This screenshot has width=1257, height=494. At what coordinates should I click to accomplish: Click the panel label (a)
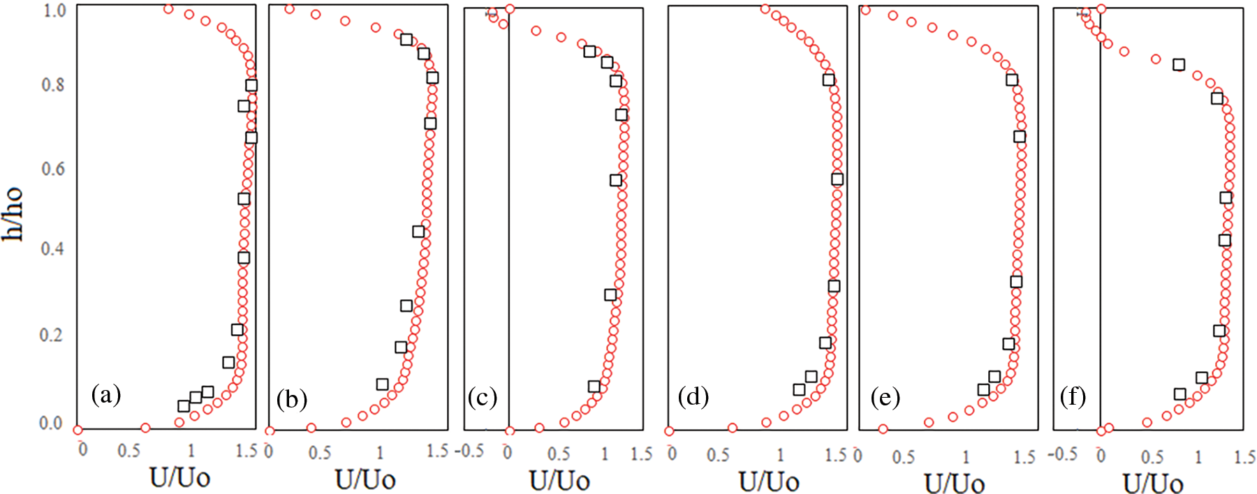pyautogui.click(x=106, y=396)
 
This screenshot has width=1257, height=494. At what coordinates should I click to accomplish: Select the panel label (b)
pyautogui.click(x=291, y=399)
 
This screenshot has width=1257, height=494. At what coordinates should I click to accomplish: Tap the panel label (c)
pyautogui.click(x=483, y=397)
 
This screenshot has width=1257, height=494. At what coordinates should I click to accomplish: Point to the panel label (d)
pyautogui.click(x=693, y=396)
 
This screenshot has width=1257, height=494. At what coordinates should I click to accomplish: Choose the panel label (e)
pyautogui.click(x=885, y=397)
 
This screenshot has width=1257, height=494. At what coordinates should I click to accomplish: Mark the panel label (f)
pyautogui.click(x=1073, y=396)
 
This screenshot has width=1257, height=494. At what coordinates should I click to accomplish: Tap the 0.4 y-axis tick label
pyautogui.click(x=53, y=249)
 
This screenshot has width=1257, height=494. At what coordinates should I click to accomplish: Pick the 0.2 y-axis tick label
pyautogui.click(x=53, y=335)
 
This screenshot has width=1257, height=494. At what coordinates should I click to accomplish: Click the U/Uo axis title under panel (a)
pyautogui.click(x=179, y=478)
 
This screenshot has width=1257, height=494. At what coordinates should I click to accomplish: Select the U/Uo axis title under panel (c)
pyautogui.click(x=559, y=481)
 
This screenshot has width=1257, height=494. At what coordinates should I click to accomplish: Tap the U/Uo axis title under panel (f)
pyautogui.click(x=1153, y=483)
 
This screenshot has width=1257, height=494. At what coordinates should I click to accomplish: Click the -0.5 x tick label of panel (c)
pyautogui.click(x=469, y=451)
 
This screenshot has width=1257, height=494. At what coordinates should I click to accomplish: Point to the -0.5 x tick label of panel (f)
pyautogui.click(x=1062, y=454)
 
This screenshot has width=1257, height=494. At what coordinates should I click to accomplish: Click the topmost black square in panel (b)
pyautogui.click(x=406, y=40)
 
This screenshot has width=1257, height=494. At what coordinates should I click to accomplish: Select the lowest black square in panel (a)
pyautogui.click(x=184, y=406)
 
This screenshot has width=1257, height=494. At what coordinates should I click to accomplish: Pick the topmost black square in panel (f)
pyautogui.click(x=1179, y=65)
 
